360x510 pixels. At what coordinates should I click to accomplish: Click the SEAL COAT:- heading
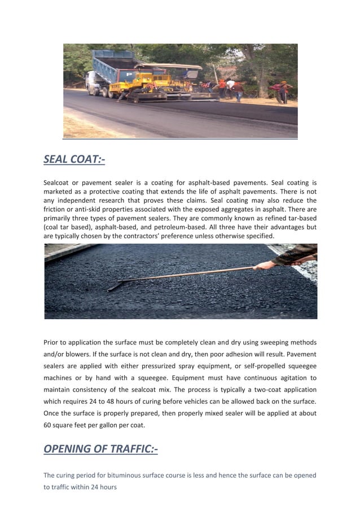pyautogui.click(x=74, y=160)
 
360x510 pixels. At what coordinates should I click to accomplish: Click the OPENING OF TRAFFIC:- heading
pyautogui.click(x=100, y=449)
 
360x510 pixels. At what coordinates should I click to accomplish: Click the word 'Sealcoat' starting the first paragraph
pyautogui.click(x=59, y=183)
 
